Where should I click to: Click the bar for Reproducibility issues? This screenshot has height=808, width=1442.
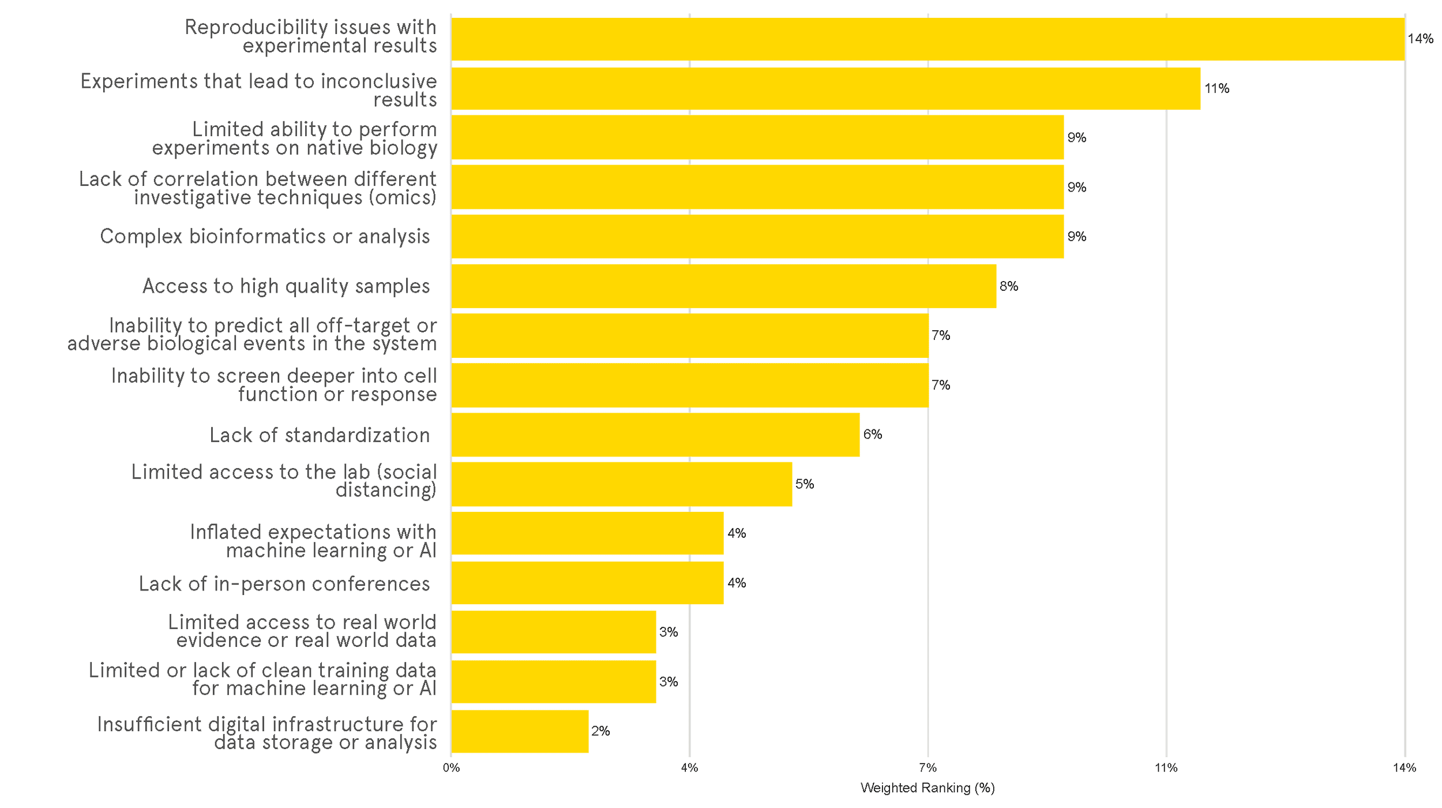click(x=927, y=39)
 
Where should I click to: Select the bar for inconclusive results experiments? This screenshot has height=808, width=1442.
click(x=825, y=89)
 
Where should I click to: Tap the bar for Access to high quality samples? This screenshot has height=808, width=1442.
click(x=723, y=286)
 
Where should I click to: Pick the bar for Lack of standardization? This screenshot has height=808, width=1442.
click(x=655, y=435)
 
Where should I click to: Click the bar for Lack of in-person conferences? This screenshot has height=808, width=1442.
click(x=587, y=583)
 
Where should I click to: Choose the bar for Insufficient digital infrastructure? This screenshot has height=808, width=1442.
click(x=520, y=731)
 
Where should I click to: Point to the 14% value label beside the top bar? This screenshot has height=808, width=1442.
click(x=1420, y=39)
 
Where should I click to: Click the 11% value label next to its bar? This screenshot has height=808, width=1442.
click(x=1216, y=89)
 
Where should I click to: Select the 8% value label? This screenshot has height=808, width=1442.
click(x=1009, y=286)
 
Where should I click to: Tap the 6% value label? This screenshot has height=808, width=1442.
click(x=873, y=435)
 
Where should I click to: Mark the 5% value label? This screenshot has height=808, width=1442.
click(x=805, y=484)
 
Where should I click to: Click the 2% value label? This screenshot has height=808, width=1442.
click(x=600, y=731)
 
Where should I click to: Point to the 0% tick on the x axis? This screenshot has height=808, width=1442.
click(x=451, y=768)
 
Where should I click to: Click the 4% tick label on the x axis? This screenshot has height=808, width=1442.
click(x=689, y=768)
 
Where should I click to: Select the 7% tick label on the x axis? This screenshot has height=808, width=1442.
click(x=927, y=768)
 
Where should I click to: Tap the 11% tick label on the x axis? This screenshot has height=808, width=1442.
click(x=1166, y=768)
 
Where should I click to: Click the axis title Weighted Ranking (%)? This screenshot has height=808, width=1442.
click(x=927, y=788)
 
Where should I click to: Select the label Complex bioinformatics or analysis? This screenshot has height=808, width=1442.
click(x=265, y=237)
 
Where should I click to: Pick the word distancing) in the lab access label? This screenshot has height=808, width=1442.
click(x=386, y=491)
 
